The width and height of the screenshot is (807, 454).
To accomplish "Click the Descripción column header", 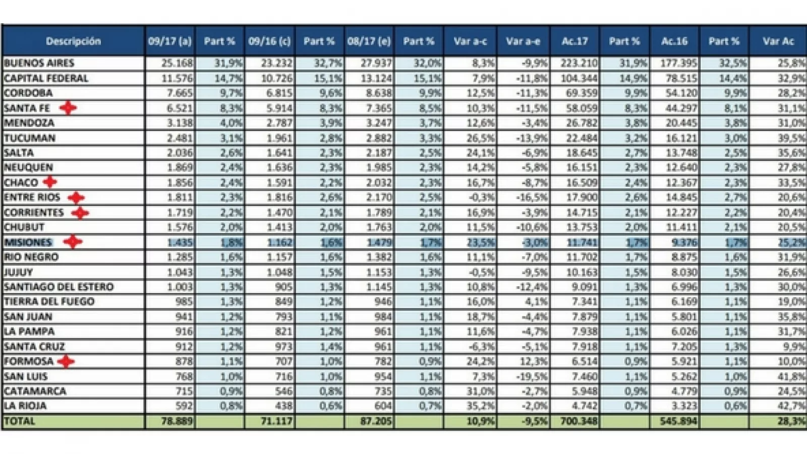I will pyautogui.click(x=73, y=41).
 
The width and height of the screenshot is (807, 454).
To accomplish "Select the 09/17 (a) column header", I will pyautogui.click(x=169, y=41).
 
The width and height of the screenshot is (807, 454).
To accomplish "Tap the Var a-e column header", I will pyautogui.click(x=523, y=41).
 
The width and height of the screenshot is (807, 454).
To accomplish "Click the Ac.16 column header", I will pyautogui.click(x=674, y=41).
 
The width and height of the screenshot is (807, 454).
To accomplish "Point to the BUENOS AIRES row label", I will pyautogui.click(x=39, y=63).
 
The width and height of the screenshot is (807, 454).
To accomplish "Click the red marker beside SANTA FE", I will pyautogui.click(x=68, y=108).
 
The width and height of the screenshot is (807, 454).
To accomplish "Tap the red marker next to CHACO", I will pyautogui.click(x=49, y=182).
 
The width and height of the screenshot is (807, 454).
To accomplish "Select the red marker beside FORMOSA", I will pyautogui.click(x=66, y=361).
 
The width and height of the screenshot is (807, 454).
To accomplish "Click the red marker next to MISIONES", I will pyautogui.click(x=73, y=242).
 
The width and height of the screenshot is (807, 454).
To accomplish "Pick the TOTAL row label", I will pyautogui.click(x=20, y=421).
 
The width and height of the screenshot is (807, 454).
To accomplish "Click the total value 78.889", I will pyautogui.click(x=177, y=421).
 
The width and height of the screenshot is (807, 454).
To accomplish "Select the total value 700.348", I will pyautogui.click(x=579, y=421).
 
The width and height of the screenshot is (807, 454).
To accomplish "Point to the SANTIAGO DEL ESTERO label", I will pyautogui.click(x=59, y=287).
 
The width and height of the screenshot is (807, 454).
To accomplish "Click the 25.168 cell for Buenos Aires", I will pyautogui.click(x=177, y=63).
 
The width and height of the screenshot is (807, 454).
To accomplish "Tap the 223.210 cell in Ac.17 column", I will pyautogui.click(x=579, y=63).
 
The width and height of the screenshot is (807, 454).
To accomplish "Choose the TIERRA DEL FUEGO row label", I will pyautogui.click(x=49, y=302).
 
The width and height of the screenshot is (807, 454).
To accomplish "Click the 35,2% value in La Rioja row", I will pyautogui.click(x=480, y=406).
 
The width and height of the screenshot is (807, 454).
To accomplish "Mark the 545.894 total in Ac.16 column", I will pyautogui.click(x=678, y=421).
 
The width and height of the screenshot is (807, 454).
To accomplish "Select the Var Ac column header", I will pyautogui.click(x=778, y=41).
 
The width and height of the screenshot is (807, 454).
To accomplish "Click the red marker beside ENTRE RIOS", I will pyautogui.click(x=76, y=197).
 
